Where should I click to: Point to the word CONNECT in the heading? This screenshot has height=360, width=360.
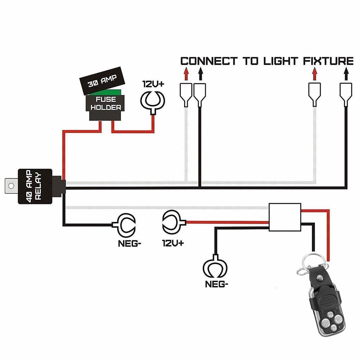point(209,61)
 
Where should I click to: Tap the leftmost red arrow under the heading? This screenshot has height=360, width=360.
point(186,74)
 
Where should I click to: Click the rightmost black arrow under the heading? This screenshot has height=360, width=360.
point(346,74)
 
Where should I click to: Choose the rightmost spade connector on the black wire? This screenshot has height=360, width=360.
point(346,94)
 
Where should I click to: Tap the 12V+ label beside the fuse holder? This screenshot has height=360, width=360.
point(153,84)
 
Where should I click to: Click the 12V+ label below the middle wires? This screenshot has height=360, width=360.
point(173,243)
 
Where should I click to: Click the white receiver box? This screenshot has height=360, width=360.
point(285,217)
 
